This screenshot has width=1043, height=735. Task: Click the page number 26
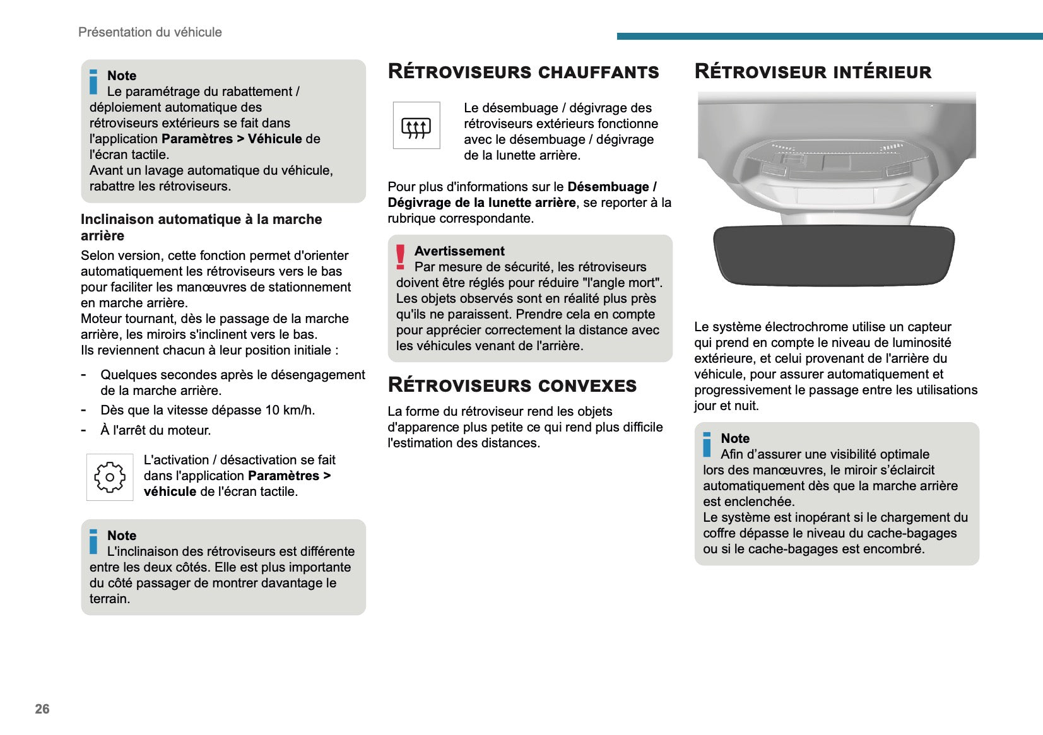42,709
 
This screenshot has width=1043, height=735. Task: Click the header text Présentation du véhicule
150,32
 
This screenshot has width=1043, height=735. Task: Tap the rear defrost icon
416,126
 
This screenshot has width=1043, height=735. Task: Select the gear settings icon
110,477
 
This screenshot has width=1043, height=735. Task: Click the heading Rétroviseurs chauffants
523,72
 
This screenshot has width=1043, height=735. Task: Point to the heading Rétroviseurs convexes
512,385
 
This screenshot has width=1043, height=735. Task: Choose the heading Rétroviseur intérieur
813,72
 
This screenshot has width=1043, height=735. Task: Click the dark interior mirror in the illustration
833,254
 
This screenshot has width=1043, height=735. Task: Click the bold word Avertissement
459,251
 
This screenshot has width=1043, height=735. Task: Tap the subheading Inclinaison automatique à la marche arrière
201,227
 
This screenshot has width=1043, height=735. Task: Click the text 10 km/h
290,410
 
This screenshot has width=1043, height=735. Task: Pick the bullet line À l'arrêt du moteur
155,430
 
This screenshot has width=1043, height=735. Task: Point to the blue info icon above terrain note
94,541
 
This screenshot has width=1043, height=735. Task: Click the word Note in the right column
735,438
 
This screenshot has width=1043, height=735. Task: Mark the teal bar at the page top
829,36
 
